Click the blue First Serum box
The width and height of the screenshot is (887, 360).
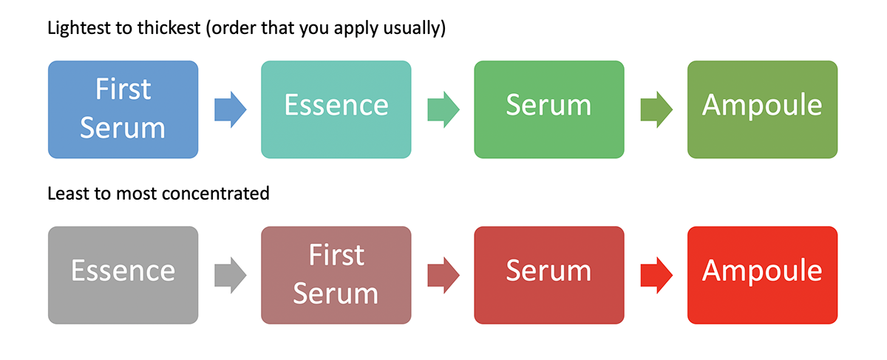[x=123, y=109]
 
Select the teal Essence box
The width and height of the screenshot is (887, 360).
[x=336, y=109]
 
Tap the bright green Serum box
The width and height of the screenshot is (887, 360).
[x=549, y=109]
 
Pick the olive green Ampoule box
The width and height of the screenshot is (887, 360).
[x=762, y=109]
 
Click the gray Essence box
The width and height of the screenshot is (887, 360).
[x=123, y=275]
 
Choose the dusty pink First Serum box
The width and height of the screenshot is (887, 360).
[x=336, y=275]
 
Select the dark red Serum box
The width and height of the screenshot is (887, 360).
[x=549, y=275]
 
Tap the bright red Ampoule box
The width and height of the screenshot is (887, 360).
[x=762, y=275]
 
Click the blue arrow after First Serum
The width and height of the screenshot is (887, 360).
[x=231, y=109]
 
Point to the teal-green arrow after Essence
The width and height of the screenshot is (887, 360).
[x=443, y=109]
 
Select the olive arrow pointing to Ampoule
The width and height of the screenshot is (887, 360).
[x=656, y=109]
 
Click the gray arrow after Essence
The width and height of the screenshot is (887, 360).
[x=231, y=275]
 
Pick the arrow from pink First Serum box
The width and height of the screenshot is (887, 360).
[x=443, y=275]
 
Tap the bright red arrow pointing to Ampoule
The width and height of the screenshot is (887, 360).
[x=656, y=275]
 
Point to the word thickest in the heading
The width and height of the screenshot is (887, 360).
[x=169, y=28]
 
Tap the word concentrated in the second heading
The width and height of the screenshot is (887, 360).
[x=215, y=194]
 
